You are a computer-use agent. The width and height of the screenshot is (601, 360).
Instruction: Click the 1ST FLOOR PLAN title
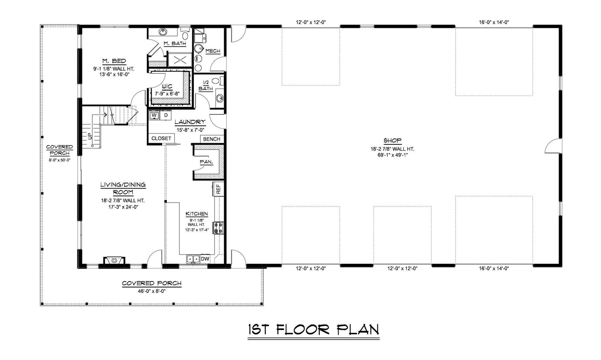click(313, 329)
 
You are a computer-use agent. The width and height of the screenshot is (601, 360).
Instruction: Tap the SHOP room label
click(392, 141)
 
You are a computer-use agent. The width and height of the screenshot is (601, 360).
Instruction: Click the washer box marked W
click(154, 115)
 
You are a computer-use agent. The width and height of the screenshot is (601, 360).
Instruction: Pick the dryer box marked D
click(166, 115)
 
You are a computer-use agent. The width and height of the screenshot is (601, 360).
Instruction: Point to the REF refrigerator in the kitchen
click(218, 189)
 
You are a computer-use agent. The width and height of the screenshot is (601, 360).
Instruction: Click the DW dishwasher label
click(205, 259)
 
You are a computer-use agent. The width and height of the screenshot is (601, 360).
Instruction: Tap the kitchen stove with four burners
click(218, 228)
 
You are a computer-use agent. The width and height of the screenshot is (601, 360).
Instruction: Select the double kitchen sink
click(193, 259)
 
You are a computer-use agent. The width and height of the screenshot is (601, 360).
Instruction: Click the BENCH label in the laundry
click(212, 139)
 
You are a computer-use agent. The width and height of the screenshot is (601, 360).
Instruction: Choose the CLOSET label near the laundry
click(161, 138)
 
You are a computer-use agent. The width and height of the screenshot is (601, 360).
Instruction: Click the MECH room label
click(213, 51)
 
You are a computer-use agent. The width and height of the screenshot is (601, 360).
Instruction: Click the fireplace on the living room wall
click(113, 261)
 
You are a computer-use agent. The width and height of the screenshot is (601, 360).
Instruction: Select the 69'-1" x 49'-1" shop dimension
click(392, 155)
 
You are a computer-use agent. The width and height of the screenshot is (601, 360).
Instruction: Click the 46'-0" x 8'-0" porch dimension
click(151, 291)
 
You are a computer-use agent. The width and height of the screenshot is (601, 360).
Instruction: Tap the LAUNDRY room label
click(190, 122)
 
